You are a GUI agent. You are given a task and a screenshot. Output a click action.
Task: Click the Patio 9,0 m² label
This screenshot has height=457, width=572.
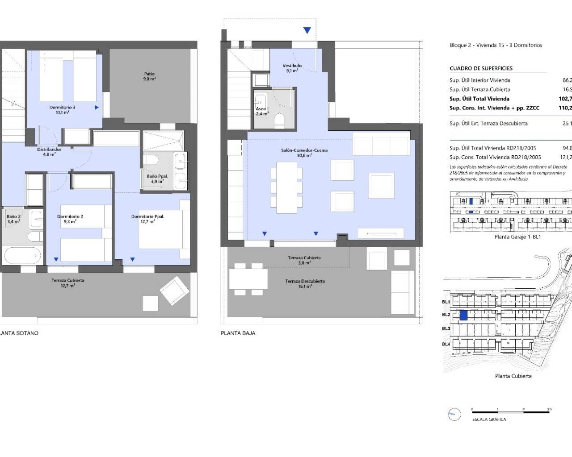coord(149,76)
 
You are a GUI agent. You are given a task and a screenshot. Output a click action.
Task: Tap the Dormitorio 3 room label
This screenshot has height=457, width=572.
coord(62,110)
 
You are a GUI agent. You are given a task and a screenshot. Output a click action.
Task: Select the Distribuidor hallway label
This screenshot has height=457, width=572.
coord(49,152)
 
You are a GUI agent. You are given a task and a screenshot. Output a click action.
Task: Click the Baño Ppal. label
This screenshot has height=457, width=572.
coord(157,179)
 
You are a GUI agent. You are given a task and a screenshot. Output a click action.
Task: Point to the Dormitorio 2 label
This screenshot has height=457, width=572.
coord(70,219)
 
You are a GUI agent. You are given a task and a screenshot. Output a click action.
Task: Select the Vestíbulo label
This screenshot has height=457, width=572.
coord(292,68)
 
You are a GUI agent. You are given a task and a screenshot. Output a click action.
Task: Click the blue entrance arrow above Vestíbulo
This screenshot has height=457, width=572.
coord(307,30)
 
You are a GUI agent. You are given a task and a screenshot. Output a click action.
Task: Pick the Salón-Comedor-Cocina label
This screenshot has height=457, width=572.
coord(304,153)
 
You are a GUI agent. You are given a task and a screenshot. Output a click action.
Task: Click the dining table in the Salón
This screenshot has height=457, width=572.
coord(286,187)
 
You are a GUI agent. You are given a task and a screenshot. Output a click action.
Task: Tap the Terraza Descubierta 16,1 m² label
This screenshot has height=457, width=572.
coord(305,283)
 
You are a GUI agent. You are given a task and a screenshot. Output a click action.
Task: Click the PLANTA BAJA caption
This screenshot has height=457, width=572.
coord(238,333)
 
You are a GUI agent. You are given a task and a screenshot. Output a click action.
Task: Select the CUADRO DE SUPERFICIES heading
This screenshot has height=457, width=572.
coord(481,68)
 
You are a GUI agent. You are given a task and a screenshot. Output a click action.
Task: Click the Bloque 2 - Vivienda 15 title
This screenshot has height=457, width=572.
coord(496,45)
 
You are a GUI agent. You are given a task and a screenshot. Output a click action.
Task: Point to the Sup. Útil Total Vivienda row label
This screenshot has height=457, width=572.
coord(479,99)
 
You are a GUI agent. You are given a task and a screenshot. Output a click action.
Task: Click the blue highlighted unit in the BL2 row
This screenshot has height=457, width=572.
coord(464,316)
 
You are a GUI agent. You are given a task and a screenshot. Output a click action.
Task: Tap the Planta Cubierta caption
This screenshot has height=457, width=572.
coord(513,376)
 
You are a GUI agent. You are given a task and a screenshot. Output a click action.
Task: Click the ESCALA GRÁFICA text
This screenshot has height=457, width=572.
coord(489,420)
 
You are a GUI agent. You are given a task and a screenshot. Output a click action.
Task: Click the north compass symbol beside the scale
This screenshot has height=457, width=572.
coord(454,415)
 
